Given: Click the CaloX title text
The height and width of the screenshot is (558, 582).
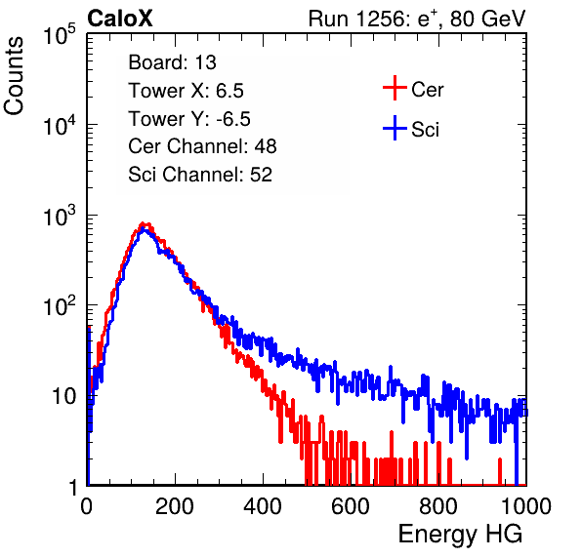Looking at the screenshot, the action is click(x=120, y=19).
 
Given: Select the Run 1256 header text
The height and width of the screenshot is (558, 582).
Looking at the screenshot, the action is click(x=417, y=19).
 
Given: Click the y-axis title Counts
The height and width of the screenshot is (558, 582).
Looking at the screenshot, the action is click(x=14, y=76).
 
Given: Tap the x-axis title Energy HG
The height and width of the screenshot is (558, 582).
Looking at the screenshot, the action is click(x=460, y=535).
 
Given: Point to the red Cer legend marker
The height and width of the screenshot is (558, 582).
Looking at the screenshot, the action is click(x=395, y=88).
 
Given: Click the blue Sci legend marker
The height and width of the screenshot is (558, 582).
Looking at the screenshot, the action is click(x=395, y=128).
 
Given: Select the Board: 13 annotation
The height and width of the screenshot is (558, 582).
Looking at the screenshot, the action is click(x=172, y=62).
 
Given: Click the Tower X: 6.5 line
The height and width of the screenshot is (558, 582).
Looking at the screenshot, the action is click(x=186, y=91).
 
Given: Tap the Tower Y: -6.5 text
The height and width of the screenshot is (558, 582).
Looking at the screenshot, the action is click(x=189, y=119).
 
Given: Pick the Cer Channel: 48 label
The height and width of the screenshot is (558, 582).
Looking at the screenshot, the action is click(x=202, y=146).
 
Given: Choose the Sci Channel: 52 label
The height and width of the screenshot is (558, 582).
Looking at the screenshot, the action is click(x=200, y=175).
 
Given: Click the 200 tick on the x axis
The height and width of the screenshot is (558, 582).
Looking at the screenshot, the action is click(x=175, y=506).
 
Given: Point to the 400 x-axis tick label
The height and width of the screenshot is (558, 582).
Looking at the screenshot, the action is click(x=263, y=506).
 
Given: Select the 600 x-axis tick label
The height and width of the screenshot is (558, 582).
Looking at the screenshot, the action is click(x=351, y=506).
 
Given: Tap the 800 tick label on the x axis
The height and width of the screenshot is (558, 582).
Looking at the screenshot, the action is click(x=438, y=506).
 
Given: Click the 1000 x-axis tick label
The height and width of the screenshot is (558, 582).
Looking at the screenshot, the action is click(x=526, y=506).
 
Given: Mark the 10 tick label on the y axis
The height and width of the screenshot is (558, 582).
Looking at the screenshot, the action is click(x=63, y=397).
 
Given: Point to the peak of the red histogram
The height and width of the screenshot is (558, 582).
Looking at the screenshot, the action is click(x=143, y=224).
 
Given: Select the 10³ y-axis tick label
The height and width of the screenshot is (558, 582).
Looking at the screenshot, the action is click(x=60, y=216).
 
